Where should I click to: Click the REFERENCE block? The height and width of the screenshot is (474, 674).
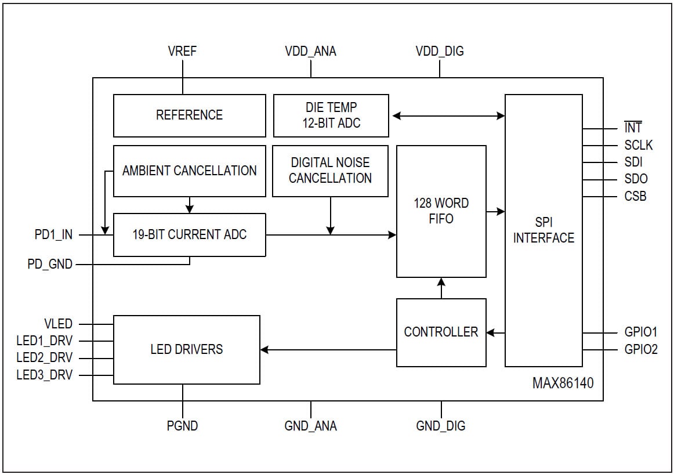tap(189, 115)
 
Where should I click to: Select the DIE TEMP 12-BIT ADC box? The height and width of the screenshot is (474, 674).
tap(331, 115)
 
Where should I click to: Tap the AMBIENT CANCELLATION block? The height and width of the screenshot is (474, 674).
tap(189, 171)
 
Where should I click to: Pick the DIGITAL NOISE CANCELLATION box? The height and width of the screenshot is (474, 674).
tap(330, 171)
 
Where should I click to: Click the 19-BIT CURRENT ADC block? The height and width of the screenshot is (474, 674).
tap(189, 234)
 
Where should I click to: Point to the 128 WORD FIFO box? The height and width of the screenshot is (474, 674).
tap(441, 211)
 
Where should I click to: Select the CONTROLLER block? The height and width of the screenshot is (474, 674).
tap(441, 332)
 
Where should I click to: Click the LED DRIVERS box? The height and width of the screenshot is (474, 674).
tap(186, 349)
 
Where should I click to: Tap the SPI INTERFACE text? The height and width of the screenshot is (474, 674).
tap(543, 230)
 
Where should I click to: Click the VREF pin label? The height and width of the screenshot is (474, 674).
tap(182, 51)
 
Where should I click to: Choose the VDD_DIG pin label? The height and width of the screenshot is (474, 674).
tap(440, 51)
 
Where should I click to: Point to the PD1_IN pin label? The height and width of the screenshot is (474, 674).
tap(53, 235)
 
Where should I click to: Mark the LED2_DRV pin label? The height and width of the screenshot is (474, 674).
tap(45, 358)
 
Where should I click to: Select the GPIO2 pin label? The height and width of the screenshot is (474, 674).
tap(641, 350)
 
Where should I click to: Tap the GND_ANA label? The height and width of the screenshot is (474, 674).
tap(310, 426)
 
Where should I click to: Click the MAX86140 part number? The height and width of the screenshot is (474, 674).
tap(563, 383)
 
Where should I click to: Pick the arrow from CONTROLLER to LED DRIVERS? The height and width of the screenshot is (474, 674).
tap(328, 350)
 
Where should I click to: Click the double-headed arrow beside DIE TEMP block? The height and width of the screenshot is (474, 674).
tap(448, 116)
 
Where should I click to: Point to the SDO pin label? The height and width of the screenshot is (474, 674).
tap(636, 179)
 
